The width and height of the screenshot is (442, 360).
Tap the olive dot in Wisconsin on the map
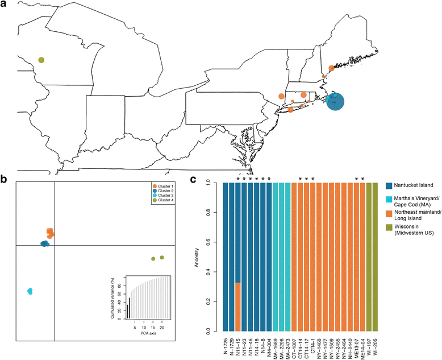tap(41, 60)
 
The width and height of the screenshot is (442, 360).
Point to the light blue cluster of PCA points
tap(30, 291)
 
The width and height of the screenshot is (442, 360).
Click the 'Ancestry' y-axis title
tap(202, 256)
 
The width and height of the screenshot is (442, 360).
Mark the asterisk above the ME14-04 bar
tap(362, 180)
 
